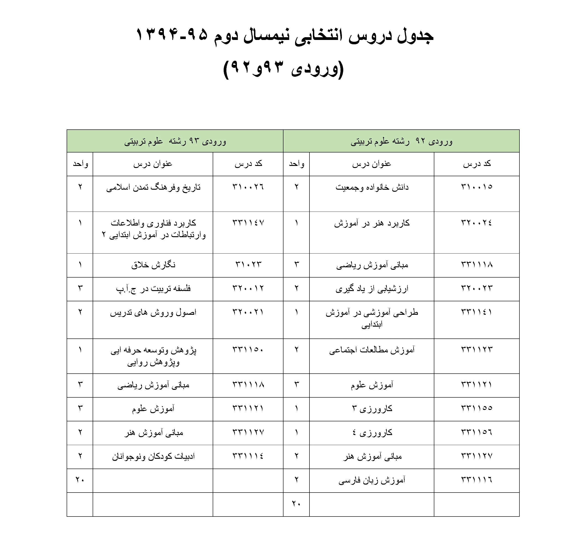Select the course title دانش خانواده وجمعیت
[x=372, y=187]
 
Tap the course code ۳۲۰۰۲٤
[x=477, y=223]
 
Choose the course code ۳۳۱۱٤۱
[x=477, y=312]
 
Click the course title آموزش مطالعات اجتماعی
[x=372, y=350]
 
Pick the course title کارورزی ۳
[x=372, y=409]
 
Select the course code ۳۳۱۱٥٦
[x=477, y=432]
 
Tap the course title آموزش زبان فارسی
[x=372, y=480]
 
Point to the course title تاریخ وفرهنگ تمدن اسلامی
[x=153, y=187]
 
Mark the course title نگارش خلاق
[x=153, y=265]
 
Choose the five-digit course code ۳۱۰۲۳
[x=248, y=265]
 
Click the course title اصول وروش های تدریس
[x=153, y=312]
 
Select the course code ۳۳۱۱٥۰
[x=248, y=350]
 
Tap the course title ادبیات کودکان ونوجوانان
[x=153, y=456]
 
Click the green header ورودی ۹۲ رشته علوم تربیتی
[x=401, y=141]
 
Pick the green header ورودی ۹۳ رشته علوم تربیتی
[x=175, y=141]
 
